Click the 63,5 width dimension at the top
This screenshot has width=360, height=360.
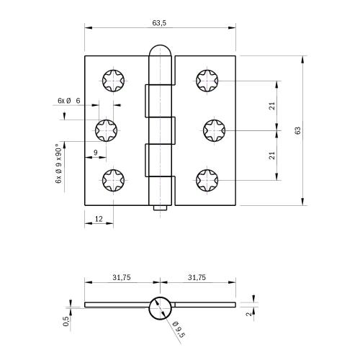tap(160, 23)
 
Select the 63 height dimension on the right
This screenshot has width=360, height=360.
tap(297, 130)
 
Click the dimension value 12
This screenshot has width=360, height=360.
tap(99, 218)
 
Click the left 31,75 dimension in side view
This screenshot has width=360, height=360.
tap(121, 277)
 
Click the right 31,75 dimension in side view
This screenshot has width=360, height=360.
tap(196, 277)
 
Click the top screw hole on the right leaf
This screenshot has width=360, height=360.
tap(208, 81)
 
